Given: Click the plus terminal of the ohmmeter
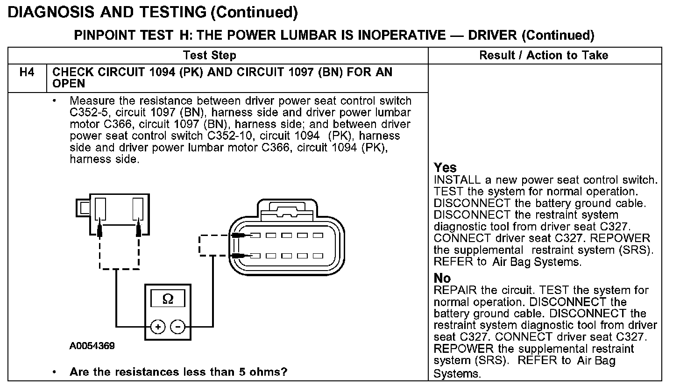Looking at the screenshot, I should [x=158, y=327].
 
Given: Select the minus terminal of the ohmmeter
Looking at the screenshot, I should [x=177, y=327].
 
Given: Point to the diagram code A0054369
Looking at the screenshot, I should [x=92, y=346].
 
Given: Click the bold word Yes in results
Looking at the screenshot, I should [x=445, y=168].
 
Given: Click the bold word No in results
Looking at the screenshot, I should [x=442, y=279].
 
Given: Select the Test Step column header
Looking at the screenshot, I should [x=210, y=56].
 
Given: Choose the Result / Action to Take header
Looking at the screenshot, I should [x=544, y=56].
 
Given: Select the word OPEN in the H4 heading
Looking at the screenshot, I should [x=69, y=84].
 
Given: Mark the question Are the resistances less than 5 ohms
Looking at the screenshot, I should [x=178, y=372].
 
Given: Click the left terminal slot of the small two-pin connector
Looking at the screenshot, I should [x=100, y=209].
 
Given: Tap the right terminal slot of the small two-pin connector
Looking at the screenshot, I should [x=138, y=209].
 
